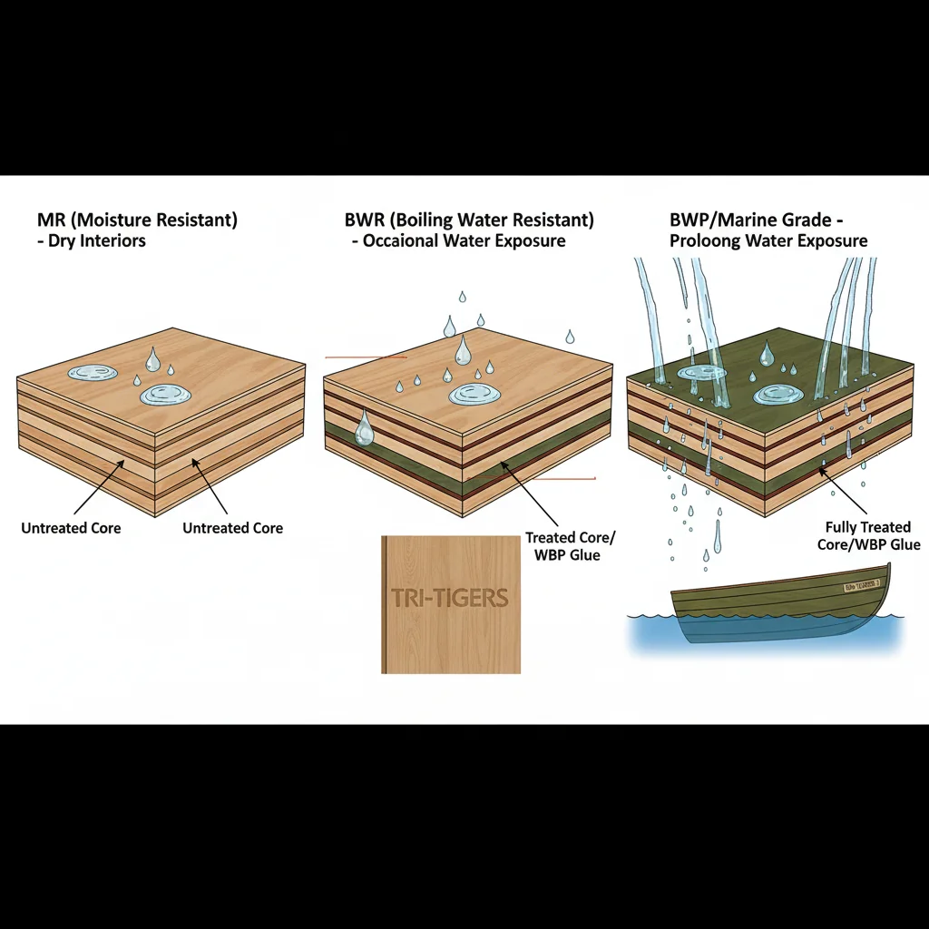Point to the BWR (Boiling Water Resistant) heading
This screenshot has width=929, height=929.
coord(469,220)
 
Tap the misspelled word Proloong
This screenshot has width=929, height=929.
coord(703,240)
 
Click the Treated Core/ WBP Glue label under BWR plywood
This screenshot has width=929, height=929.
coord(562,546)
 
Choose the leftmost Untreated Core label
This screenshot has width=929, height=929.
coord(71,528)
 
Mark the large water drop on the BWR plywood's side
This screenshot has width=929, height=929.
coord(364,428)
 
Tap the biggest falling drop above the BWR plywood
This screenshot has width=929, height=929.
coord(464,349)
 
